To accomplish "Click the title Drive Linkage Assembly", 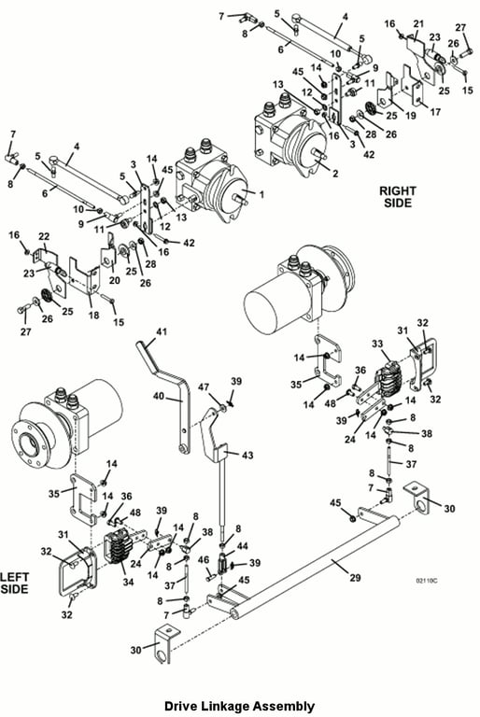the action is pos(239,706).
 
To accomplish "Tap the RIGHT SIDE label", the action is pos(398,197).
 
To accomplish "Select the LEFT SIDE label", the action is pos(14,583).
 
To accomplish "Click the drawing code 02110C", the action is pos(427,581).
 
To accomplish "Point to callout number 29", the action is pos(355,578).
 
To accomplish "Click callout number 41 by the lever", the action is pos(162,331).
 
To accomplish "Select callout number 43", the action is pos(247,456).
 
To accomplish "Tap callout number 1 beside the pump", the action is pos(261,195).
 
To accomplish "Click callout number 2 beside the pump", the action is pos(335,174).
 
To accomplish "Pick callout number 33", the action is pos(377,344).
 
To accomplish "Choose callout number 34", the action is pos(128,582).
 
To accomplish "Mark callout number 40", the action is pos(159,396).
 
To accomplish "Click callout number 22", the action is pos(44,237).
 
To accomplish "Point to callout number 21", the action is pos(418,23).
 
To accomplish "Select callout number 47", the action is pos(204,387).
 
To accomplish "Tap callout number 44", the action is pos(242,545).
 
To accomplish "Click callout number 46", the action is pos(204,560).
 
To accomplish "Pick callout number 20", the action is pos(114,279).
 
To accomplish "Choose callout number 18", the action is pos(93,315).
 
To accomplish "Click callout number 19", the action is pos(411,115).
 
